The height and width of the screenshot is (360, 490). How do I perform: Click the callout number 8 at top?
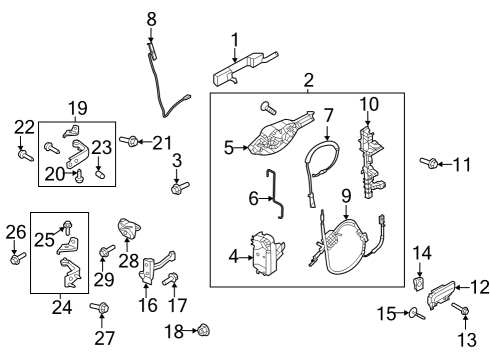[152, 18]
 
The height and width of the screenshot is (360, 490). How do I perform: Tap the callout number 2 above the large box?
[309, 80]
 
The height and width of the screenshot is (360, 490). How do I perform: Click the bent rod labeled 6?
[327, 116]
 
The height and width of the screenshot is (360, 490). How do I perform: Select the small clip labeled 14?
[420, 287]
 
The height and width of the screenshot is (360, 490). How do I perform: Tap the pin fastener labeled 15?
[413, 315]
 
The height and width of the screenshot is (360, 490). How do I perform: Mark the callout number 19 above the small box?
[78, 106]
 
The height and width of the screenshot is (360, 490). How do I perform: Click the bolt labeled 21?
[128, 142]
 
